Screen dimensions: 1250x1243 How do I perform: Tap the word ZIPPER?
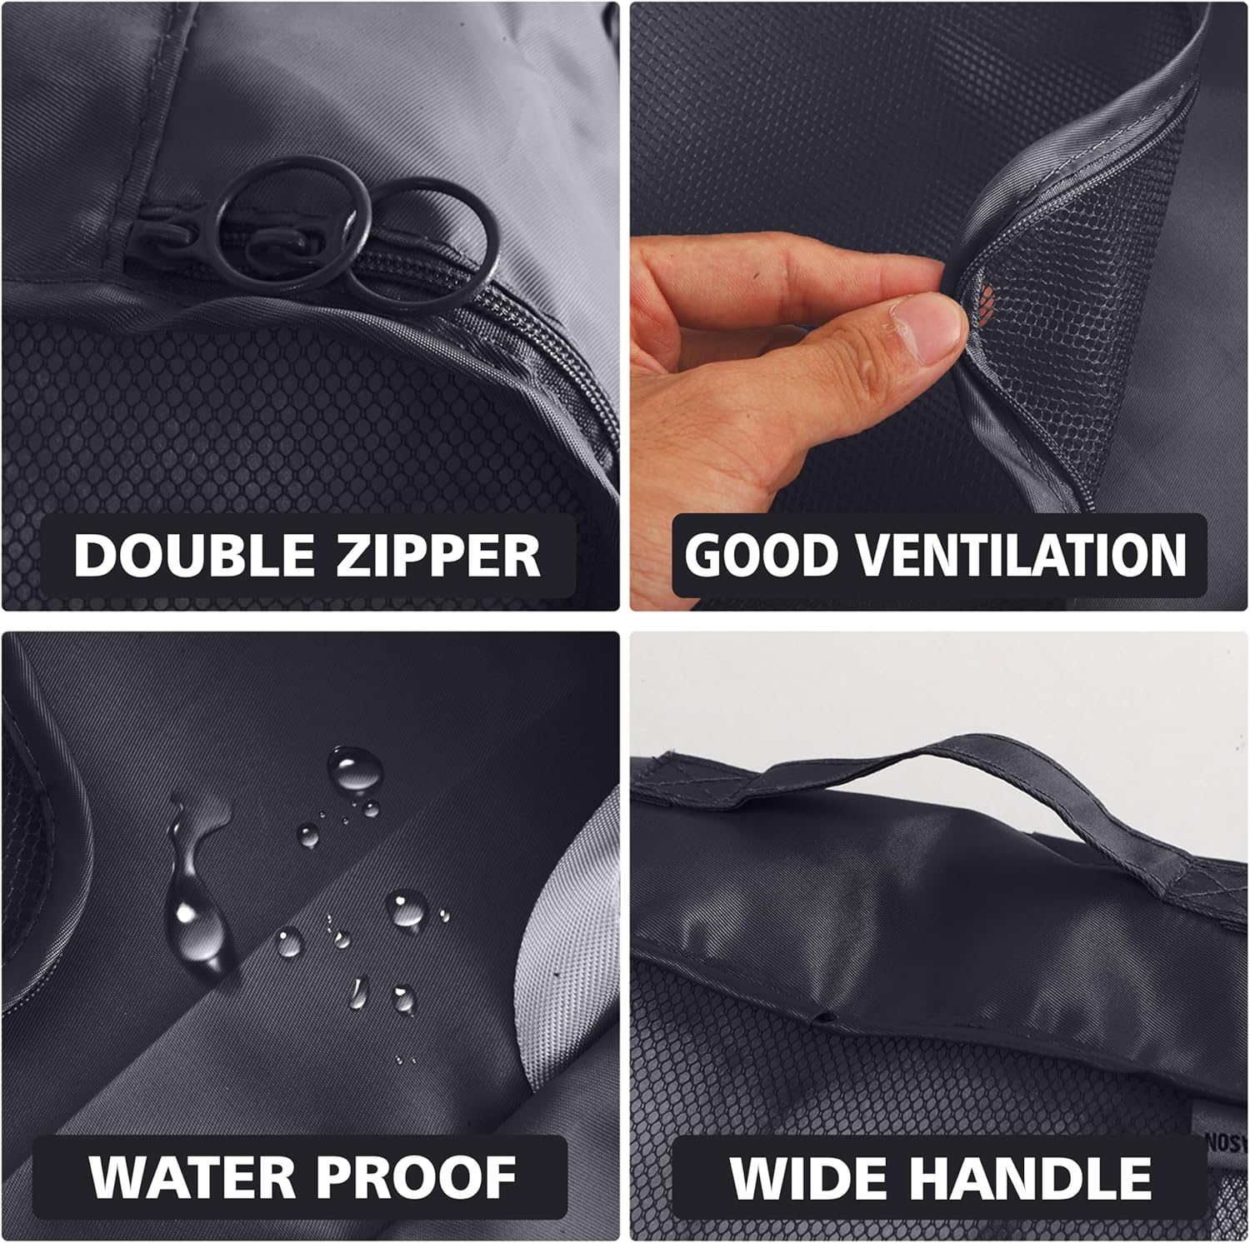click(x=437, y=555)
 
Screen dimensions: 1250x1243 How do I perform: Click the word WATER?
click(x=192, y=1177)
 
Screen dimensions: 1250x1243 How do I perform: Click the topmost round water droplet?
click(x=355, y=768)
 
